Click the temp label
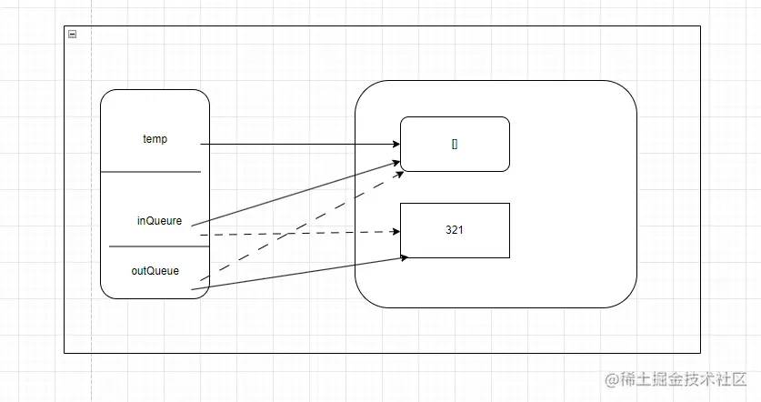click(155, 139)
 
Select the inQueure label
click(159, 220)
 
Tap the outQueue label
click(155, 270)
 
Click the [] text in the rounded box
click(455, 144)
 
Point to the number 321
click(455, 230)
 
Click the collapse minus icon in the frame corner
click(72, 34)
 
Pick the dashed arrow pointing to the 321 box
click(300, 233)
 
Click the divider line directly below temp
click(150, 171)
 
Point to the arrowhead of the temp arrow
click(396, 144)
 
